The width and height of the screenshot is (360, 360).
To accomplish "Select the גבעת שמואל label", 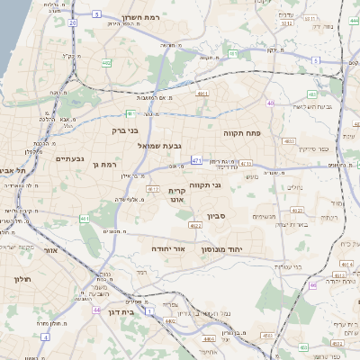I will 164,145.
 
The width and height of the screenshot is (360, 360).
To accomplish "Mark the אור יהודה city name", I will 168,247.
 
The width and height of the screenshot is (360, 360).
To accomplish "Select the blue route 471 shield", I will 197,160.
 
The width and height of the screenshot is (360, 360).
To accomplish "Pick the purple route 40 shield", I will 270,103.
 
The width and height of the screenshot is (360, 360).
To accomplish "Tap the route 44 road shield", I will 95,309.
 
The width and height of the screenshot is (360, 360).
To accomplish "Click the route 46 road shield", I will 312,284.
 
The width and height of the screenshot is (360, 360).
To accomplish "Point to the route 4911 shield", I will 202,93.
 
